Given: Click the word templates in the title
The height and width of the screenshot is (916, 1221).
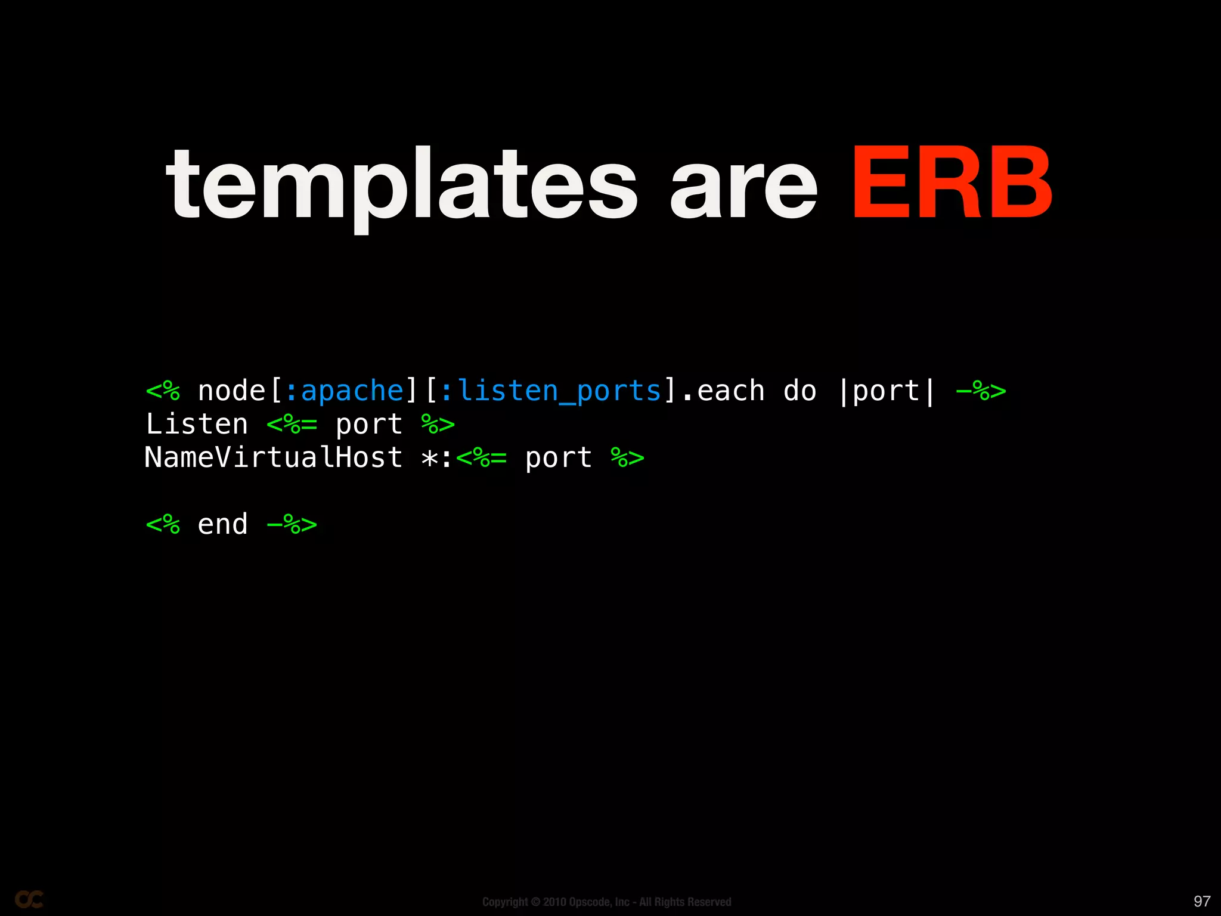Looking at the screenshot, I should pyautogui.click(x=401, y=185).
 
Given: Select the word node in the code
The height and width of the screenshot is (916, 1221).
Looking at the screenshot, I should pyautogui.click(x=231, y=391).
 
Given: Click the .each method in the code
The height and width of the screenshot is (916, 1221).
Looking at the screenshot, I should pyautogui.click(x=723, y=391).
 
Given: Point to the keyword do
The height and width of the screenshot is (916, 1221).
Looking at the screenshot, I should pyautogui.click(x=799, y=391).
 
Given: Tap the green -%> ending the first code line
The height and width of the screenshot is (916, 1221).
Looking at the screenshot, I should pyautogui.click(x=981, y=391).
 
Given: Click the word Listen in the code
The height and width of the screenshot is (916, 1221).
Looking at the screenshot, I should pyautogui.click(x=197, y=425).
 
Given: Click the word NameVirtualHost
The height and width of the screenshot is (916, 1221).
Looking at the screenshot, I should pyautogui.click(x=274, y=458).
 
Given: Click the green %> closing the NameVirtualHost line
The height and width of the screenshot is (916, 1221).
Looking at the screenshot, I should pyautogui.click(x=627, y=458).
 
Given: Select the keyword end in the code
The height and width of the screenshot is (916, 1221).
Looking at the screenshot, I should pyautogui.click(x=222, y=525).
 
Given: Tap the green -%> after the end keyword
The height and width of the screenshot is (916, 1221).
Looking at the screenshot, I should pyautogui.click(x=292, y=525).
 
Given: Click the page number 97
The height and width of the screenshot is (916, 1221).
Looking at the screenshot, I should pyautogui.click(x=1202, y=901).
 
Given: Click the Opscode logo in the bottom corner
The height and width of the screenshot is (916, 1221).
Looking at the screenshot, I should pyautogui.click(x=29, y=899).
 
